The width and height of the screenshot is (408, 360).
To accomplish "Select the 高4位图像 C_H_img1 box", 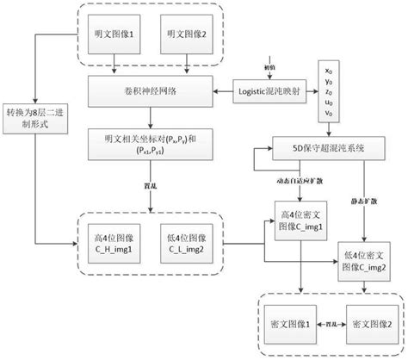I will tap(115, 235).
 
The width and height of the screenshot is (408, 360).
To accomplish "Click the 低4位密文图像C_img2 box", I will tap(362, 257).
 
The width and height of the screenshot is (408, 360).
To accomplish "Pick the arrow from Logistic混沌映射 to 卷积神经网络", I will tap(223, 90).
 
